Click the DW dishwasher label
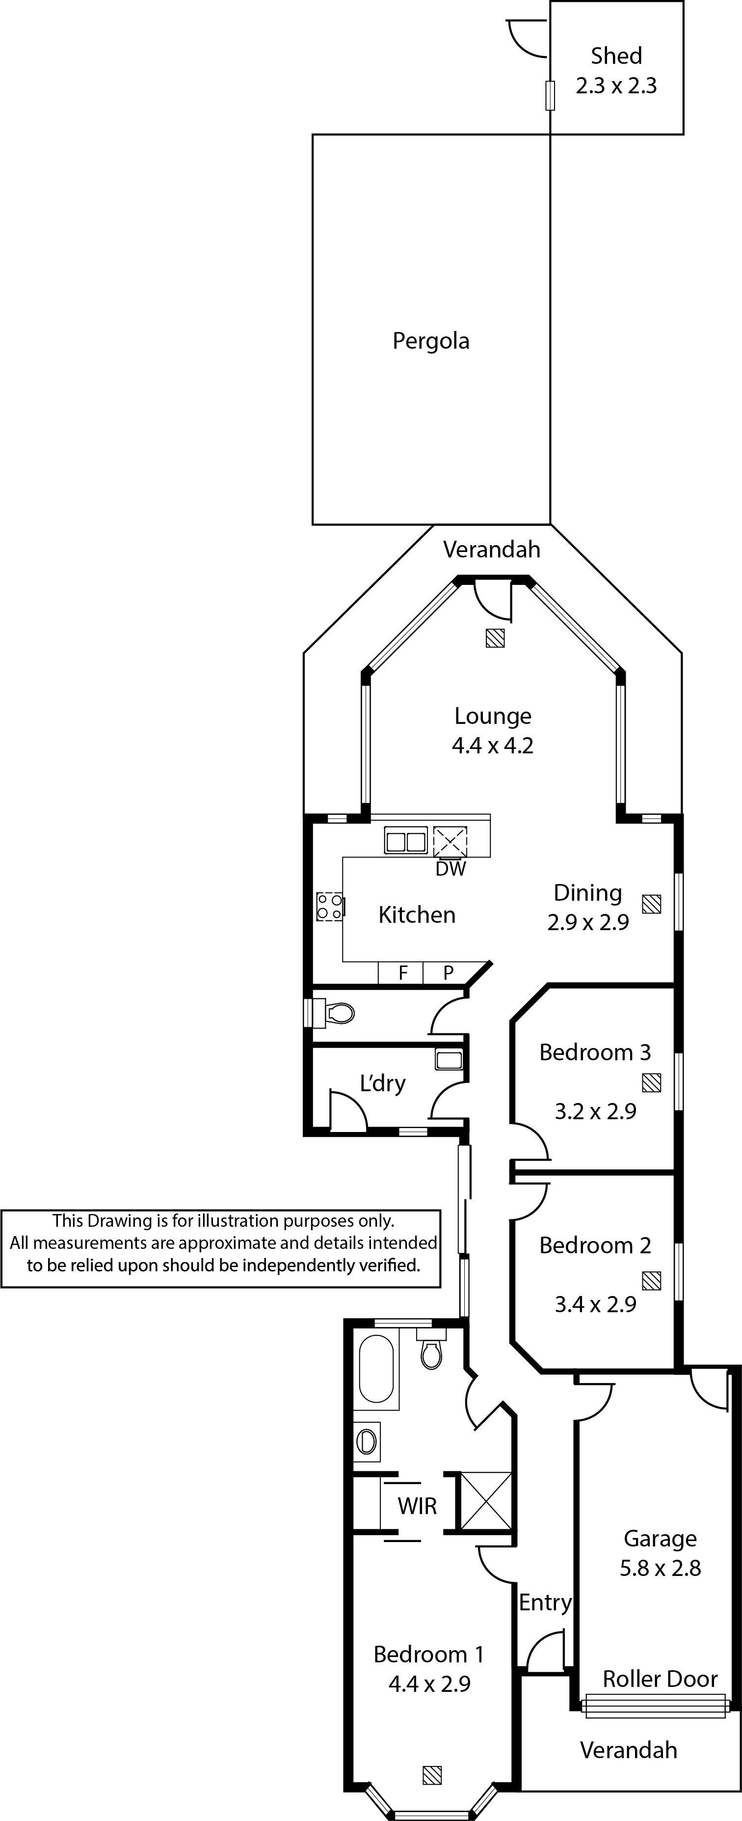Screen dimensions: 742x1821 (451, 869)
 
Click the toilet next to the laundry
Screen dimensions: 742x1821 (332, 1013)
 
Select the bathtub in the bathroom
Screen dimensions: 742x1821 (376, 1369)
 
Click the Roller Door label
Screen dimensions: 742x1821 (660, 1679)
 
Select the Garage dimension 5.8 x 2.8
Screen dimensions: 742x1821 (660, 1569)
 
